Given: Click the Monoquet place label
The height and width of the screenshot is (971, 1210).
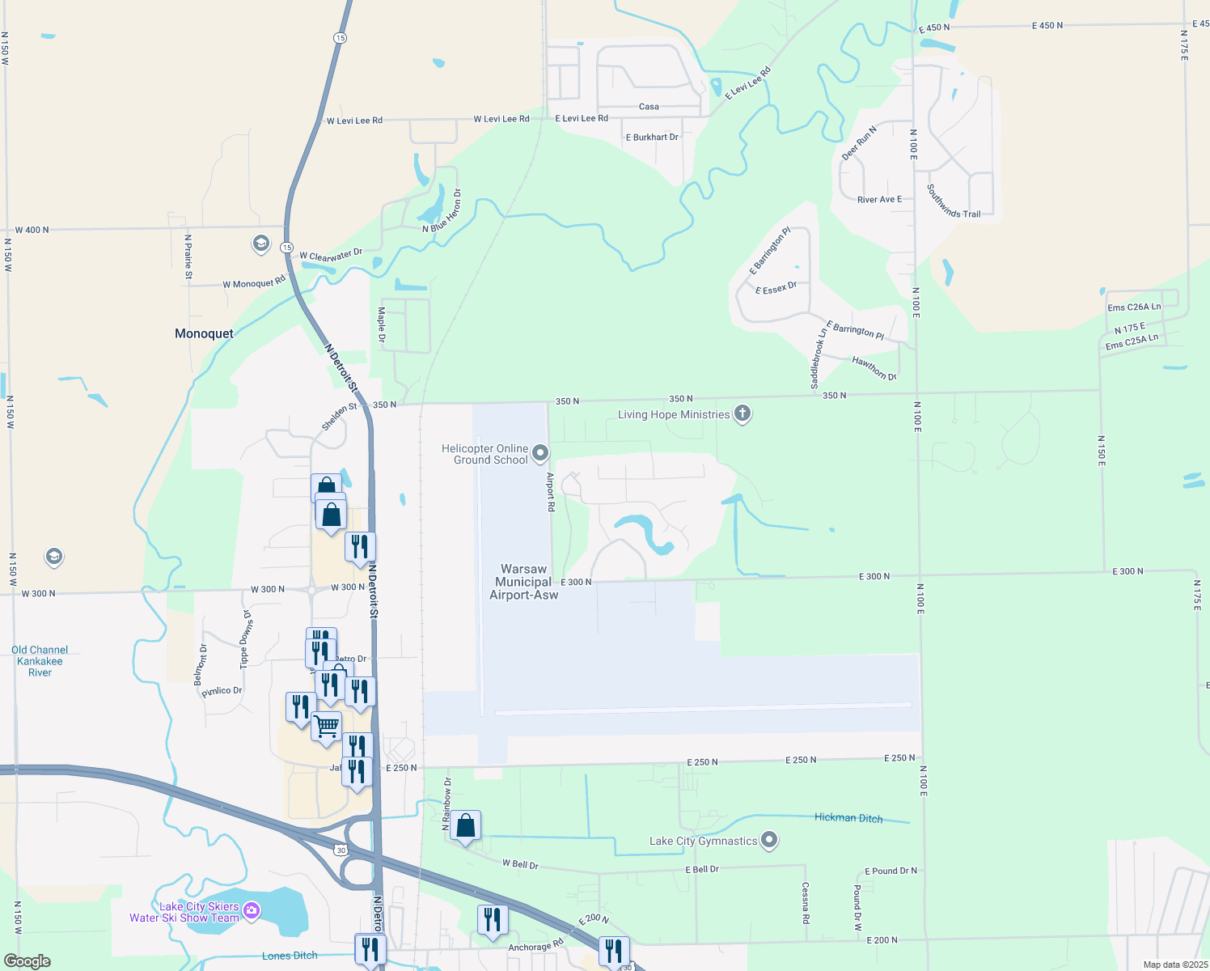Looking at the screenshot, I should click(204, 333).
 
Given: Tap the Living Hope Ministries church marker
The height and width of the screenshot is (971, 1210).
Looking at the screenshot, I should click(742, 414).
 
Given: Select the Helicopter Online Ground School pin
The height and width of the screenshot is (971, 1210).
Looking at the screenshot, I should click(540, 453).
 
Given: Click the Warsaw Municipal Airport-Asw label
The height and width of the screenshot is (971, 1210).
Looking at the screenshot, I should click(523, 582).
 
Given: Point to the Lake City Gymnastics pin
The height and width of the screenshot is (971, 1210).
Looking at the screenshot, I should click(769, 841).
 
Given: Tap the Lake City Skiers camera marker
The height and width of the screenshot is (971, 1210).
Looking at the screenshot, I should click(252, 911).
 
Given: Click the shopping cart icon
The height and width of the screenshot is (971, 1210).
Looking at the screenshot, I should click(327, 726).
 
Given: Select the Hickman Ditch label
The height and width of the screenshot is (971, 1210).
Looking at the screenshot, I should click(848, 817).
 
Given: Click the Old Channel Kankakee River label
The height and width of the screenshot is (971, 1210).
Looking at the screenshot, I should click(40, 661).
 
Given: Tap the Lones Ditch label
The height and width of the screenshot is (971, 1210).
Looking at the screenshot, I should click(290, 956).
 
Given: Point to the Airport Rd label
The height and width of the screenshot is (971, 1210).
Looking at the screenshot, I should click(551, 491).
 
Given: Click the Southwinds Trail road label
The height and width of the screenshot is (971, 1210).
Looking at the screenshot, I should click(954, 202).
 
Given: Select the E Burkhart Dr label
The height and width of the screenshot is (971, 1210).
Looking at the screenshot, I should click(652, 138).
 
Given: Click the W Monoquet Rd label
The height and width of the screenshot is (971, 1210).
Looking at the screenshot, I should click(254, 282).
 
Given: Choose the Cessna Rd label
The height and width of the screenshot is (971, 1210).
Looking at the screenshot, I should click(806, 903).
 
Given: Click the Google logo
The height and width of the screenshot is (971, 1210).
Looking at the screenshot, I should click(27, 961).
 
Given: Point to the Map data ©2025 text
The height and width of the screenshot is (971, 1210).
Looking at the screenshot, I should click(1174, 965).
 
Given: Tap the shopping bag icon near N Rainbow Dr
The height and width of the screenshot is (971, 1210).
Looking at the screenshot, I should click(466, 825).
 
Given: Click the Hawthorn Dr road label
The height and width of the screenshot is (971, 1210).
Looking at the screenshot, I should click(874, 369).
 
